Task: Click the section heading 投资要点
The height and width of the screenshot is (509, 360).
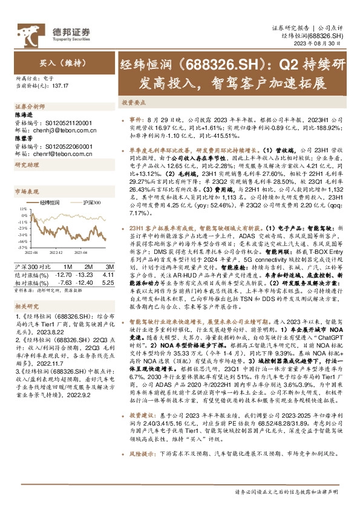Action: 132,103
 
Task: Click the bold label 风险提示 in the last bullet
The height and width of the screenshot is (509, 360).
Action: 142,469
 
